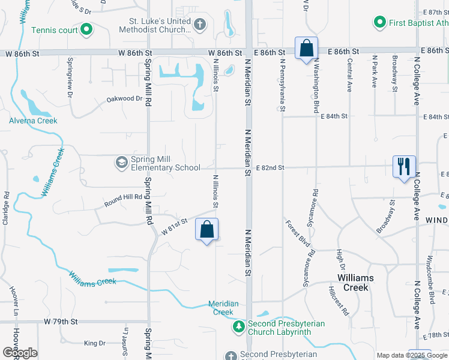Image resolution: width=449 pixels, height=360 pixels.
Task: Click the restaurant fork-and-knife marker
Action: pos(404,166)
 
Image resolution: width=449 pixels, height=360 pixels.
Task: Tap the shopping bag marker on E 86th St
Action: pos(306,48)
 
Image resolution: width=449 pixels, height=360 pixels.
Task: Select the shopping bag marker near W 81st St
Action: pos(206,230)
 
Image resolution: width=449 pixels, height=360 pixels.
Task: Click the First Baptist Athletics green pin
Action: pos(379,23)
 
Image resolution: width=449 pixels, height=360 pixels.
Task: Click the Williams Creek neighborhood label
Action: pos(355,283)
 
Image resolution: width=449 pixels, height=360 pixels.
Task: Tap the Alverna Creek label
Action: pos(33,121)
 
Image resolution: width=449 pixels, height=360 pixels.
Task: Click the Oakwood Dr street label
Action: pos(124,99)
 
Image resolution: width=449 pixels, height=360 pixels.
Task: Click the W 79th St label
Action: pos(61,322)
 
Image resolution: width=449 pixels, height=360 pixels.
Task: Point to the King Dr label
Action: pos(94,343)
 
